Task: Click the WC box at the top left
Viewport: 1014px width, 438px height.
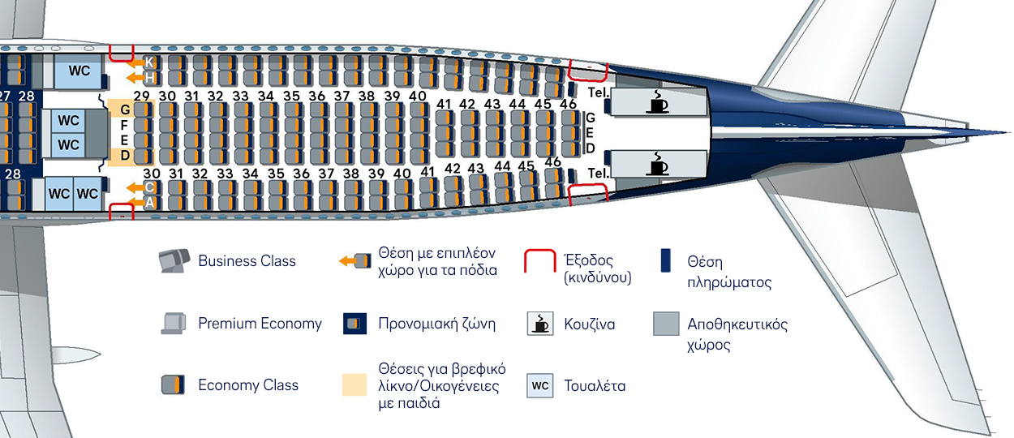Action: [x=79, y=71]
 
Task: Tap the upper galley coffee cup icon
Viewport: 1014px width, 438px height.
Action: [x=657, y=101]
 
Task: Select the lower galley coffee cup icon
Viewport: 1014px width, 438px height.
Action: [x=657, y=163]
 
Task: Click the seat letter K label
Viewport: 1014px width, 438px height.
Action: [x=149, y=62]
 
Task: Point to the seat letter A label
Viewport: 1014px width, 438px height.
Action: [x=149, y=203]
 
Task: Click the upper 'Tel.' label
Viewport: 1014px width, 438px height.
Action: [x=599, y=92]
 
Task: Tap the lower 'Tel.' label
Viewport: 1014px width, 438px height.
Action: [x=599, y=173]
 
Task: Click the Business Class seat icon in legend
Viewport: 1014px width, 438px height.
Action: [x=174, y=260]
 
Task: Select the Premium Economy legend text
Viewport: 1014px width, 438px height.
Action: [x=260, y=324]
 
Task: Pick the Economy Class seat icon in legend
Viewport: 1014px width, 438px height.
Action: [x=173, y=384]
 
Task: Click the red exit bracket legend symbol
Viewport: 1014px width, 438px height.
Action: [x=540, y=261]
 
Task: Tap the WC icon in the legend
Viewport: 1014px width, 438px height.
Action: [x=540, y=385]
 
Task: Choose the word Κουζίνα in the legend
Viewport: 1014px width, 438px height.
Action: [x=590, y=324]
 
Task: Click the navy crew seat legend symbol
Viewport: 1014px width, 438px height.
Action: [x=665, y=260]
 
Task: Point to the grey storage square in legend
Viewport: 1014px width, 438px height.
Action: [x=666, y=324]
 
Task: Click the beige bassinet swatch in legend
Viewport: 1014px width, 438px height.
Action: [x=354, y=384]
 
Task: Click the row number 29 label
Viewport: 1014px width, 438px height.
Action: [x=142, y=96]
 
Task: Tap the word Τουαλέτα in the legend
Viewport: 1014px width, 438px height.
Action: [x=595, y=386]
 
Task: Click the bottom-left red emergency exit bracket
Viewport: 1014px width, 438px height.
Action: [x=122, y=212]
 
